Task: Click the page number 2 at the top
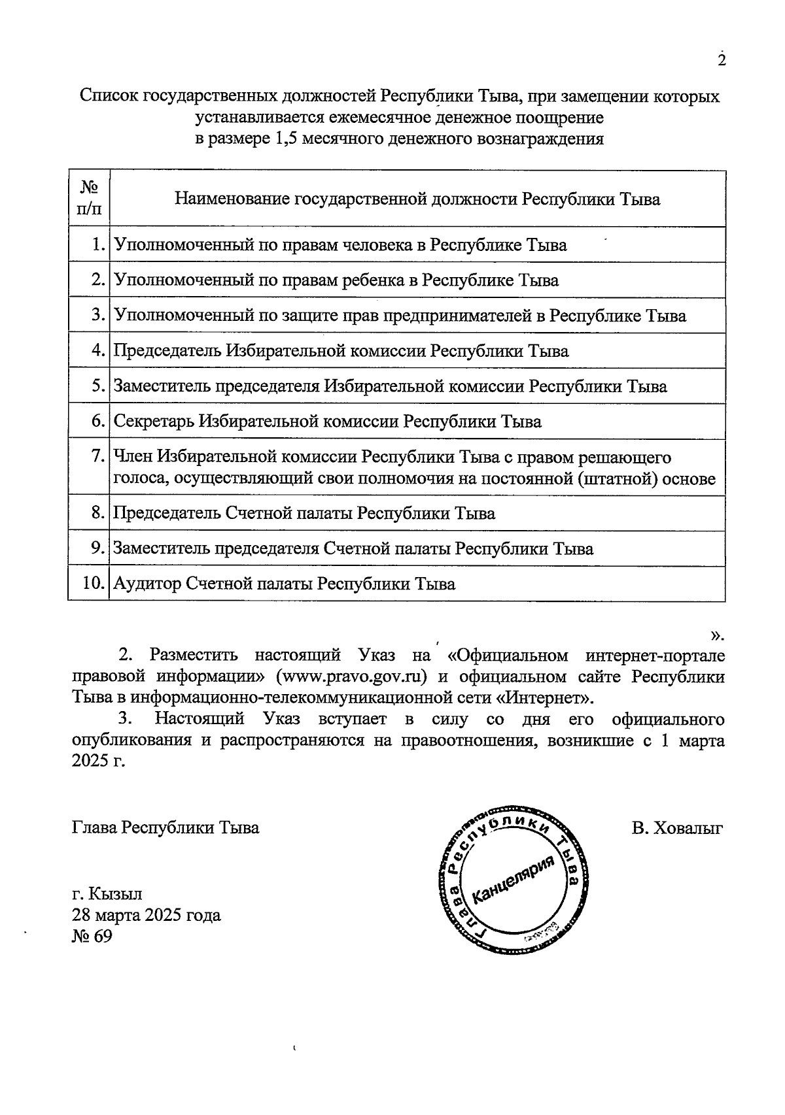pyautogui.click(x=722, y=60)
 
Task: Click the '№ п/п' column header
pyautogui.click(x=89, y=199)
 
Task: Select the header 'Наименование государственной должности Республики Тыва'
pyautogui.click(x=417, y=199)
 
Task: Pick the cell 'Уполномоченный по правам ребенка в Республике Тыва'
pyautogui.click(x=336, y=280)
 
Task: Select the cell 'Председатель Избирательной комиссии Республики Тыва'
pyautogui.click(x=341, y=351)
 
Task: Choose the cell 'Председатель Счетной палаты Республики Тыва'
pyautogui.click(x=304, y=513)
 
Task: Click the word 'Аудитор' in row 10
pyautogui.click(x=147, y=584)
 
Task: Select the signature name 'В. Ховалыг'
pyautogui.click(x=677, y=828)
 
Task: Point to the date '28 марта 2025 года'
pyautogui.click(x=147, y=915)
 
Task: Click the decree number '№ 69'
pyautogui.click(x=92, y=937)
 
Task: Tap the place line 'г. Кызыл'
pyautogui.click(x=107, y=893)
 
